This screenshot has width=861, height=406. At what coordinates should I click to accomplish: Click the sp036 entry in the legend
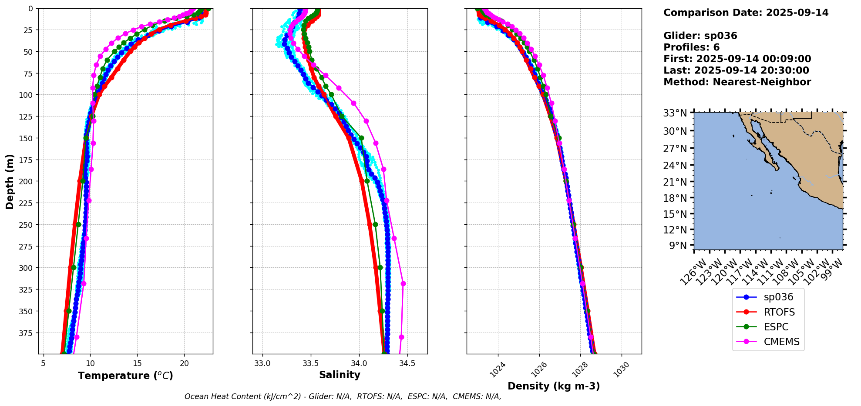point(778,297)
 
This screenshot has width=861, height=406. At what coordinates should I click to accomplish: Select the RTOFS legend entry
point(779,312)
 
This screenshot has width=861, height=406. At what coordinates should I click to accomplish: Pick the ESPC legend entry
point(776,327)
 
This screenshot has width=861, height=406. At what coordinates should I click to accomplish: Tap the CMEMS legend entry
point(781,342)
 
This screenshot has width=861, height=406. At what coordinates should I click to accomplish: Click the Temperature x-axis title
point(125,376)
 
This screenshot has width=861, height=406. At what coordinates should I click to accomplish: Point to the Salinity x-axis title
point(340,375)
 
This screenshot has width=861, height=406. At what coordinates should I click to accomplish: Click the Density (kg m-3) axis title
point(554,386)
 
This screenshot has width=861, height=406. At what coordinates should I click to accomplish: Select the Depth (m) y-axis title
point(10,181)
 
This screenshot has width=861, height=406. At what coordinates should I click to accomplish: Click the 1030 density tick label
point(620,370)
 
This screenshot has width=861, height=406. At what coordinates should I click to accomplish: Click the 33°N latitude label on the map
point(675,113)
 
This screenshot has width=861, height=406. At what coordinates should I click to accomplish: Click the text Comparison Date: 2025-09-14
point(746,13)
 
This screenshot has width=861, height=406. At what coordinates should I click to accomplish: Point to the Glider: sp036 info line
point(700,36)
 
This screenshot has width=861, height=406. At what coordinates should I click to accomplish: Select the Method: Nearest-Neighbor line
point(737,82)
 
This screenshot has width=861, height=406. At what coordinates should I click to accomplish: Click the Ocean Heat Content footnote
point(343,396)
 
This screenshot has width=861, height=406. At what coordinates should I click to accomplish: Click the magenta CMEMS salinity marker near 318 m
point(403,284)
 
